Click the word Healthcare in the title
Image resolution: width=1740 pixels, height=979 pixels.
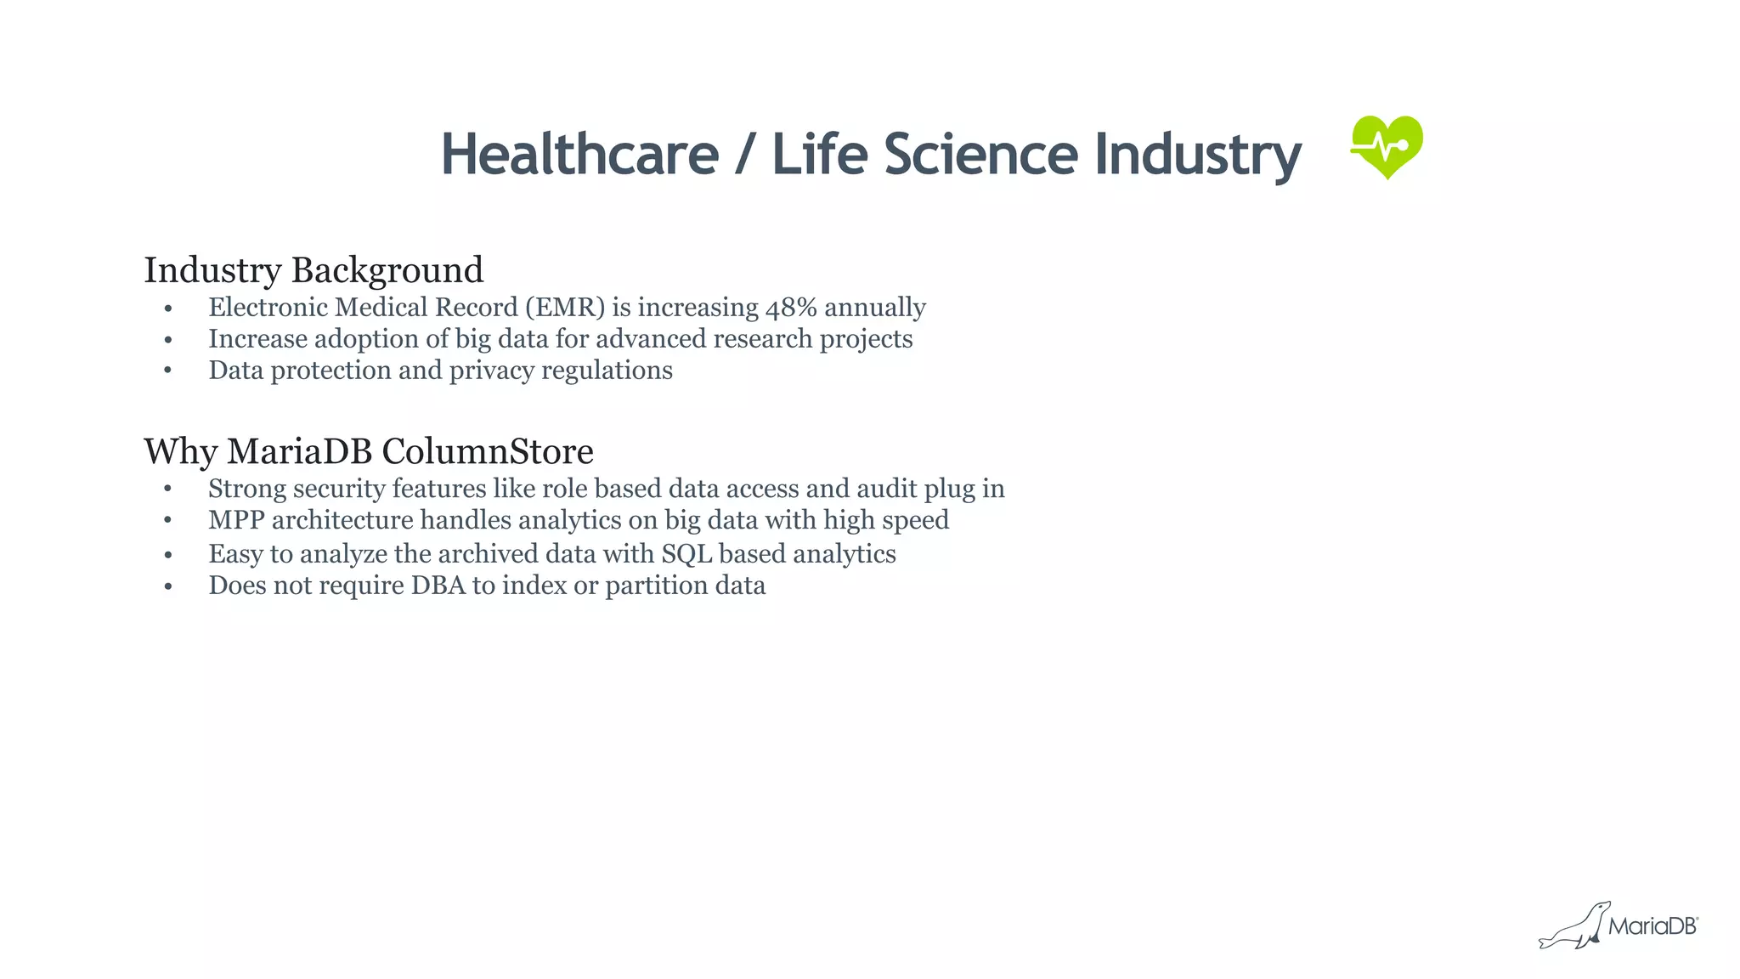[579, 155]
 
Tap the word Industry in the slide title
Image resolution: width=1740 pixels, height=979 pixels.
[1198, 156]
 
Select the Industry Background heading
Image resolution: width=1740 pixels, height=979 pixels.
[314, 270]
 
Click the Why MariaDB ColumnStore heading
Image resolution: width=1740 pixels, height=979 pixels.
[369, 451]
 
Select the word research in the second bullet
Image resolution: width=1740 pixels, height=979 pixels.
[762, 339]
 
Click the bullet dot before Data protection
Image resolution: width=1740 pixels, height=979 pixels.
[168, 371]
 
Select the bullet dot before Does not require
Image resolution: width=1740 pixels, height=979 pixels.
[168, 586]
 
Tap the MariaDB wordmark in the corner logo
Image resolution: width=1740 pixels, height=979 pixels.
[1652, 926]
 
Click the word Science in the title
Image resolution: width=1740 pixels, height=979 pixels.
[980, 155]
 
